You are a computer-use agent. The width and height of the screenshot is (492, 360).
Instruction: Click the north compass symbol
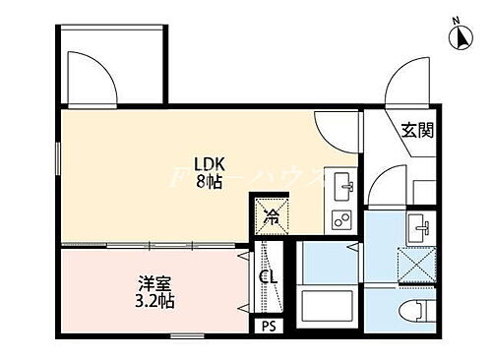coord(459,35)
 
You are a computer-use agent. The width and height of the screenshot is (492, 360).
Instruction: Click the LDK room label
coord(207,164)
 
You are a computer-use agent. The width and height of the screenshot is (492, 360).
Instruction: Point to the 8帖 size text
coord(207,182)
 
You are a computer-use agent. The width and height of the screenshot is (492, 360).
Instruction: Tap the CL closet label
coord(268,278)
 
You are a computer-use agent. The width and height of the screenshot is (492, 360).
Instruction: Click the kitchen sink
coord(345,185)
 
